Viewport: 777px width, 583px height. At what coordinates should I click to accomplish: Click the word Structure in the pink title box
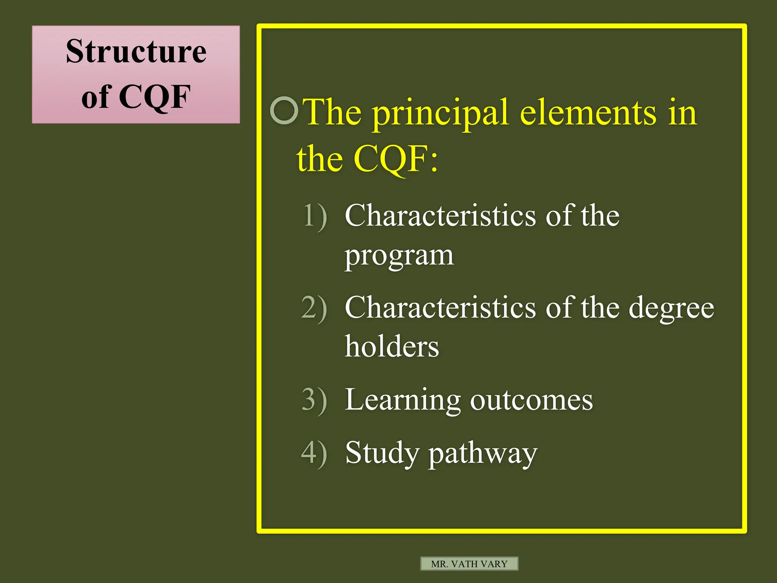pyautogui.click(x=136, y=52)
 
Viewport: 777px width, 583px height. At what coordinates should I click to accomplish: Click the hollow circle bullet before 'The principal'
pyautogui.click(x=284, y=110)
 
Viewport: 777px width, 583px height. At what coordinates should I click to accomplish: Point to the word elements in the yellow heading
pyautogui.click(x=588, y=112)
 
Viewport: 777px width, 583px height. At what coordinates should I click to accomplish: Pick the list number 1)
pyautogui.click(x=314, y=216)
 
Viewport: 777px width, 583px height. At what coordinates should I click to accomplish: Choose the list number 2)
pyautogui.click(x=314, y=308)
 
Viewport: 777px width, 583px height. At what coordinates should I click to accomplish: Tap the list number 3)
pyautogui.click(x=314, y=400)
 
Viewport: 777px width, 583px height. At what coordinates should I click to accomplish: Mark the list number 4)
pyautogui.click(x=314, y=453)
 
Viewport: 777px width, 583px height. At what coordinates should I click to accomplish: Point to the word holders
pyautogui.click(x=392, y=347)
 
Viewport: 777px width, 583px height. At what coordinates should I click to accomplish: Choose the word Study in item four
pyautogui.click(x=382, y=453)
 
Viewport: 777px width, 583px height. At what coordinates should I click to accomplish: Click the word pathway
pyautogui.click(x=483, y=454)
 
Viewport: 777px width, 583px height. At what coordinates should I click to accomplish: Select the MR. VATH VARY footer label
pyautogui.click(x=469, y=564)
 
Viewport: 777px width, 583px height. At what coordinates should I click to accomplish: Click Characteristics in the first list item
pyautogui.click(x=440, y=216)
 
